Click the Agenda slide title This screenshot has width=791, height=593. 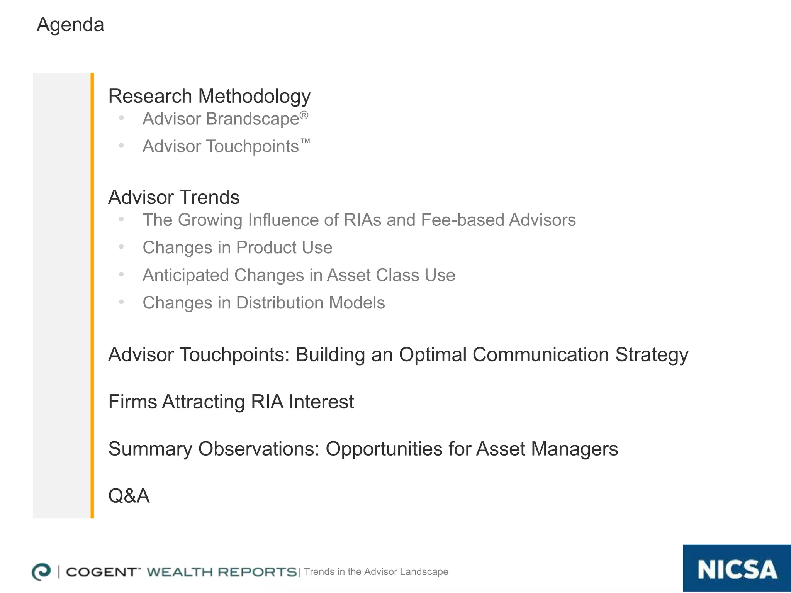(70, 25)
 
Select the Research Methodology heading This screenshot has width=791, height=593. (209, 96)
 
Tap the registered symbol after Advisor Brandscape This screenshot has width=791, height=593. (304, 115)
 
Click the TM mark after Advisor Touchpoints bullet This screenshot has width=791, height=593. (305, 141)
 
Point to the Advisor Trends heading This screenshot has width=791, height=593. (174, 197)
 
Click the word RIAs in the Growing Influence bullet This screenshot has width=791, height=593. (362, 220)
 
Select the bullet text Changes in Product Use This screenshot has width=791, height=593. (237, 247)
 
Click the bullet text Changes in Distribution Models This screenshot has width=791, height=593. (263, 303)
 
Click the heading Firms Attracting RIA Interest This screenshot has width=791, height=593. (231, 402)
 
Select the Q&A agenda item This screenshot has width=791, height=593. (129, 496)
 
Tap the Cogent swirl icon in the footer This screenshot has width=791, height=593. (41, 572)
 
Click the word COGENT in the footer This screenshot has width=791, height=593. (101, 572)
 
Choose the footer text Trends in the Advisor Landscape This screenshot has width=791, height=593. (376, 572)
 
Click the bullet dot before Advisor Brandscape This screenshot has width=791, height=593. (121, 118)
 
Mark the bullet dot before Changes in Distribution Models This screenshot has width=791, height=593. (121, 302)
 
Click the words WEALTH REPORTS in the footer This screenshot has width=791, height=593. (222, 572)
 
